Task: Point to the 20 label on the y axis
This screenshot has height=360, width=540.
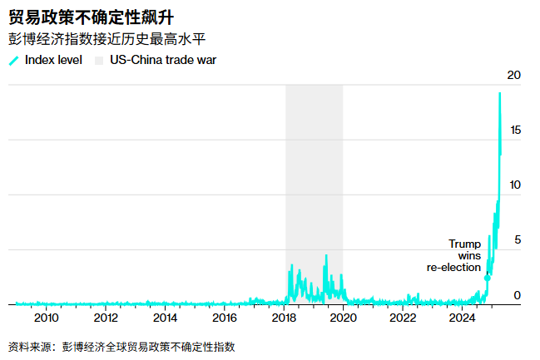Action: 513,76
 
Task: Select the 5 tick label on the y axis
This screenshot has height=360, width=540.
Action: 517,240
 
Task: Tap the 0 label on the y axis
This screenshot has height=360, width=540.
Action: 517,295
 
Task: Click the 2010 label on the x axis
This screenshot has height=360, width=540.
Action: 47,318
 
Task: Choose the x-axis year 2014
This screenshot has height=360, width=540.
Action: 166,318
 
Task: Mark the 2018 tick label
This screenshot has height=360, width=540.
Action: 285,318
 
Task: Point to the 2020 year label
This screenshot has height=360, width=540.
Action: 344,318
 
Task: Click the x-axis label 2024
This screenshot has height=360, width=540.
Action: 463,318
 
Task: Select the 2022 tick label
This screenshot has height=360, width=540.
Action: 404,318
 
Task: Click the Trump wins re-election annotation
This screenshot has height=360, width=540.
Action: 458,255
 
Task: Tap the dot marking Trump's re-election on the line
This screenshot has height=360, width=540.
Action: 488,278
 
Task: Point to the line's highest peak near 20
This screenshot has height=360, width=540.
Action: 499,93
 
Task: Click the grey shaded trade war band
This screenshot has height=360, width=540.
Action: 314,183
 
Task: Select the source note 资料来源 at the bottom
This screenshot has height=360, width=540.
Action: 121,346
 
